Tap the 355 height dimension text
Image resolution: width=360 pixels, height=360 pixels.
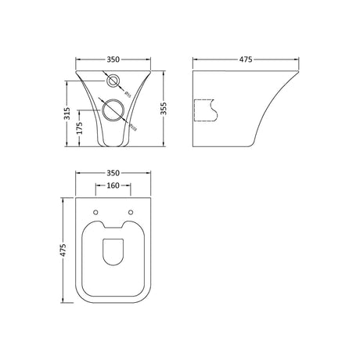[164, 110]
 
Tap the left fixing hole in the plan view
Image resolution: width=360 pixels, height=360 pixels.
[96, 211]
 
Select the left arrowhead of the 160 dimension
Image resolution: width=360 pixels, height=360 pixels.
[97, 187]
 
